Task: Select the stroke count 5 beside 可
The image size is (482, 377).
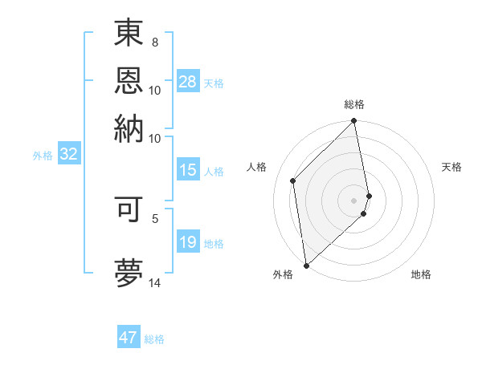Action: (155, 217)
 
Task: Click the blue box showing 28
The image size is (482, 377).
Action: (188, 82)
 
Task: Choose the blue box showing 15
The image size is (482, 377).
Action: (188, 170)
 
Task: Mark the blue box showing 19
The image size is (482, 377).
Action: (188, 242)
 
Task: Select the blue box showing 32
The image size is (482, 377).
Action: (68, 154)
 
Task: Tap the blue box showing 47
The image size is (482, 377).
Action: (129, 338)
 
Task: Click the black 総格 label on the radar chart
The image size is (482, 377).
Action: (354, 104)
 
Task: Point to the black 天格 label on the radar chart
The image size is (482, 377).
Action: (451, 167)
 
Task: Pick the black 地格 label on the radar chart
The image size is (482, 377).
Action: (421, 274)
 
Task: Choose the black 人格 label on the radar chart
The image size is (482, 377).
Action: (257, 167)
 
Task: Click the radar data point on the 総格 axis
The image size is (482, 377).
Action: (354, 122)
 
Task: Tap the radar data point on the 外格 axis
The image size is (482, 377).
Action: (306, 266)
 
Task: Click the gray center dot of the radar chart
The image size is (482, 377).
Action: (354, 200)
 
